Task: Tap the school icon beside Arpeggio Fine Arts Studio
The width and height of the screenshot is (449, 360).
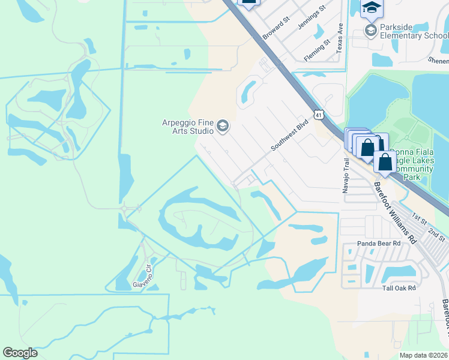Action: pos(223,125)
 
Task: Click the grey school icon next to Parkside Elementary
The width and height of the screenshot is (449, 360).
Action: pos(371,31)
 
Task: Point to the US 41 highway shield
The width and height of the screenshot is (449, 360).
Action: pos(318,113)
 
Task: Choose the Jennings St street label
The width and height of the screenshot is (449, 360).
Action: pos(313,16)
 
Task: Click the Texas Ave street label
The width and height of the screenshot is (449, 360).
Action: pos(340,38)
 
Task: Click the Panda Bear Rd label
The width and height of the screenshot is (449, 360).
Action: pos(379,244)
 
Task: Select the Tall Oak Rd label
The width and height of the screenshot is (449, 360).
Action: pos(399,288)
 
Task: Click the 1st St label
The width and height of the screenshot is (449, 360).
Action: pos(418,217)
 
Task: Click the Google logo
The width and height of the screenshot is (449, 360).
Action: pos(20,353)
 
